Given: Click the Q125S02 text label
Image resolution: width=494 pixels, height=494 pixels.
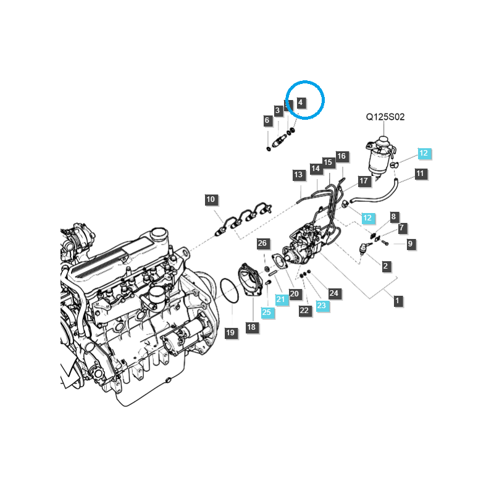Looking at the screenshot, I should [x=385, y=117].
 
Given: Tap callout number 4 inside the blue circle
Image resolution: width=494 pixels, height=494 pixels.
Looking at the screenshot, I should [x=301, y=103].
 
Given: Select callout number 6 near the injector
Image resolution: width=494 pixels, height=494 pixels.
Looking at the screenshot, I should [x=267, y=121].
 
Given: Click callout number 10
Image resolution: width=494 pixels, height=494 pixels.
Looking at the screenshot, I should [x=211, y=199].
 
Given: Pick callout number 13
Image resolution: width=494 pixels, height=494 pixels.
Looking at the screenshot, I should [x=298, y=175].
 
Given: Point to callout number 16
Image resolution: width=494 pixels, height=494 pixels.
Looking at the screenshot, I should [x=341, y=156].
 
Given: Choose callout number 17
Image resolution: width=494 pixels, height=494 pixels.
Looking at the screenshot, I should [x=364, y=181].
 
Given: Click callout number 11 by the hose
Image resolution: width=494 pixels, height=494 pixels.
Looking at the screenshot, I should [x=421, y=174].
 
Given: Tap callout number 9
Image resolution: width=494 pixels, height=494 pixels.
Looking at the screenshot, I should [x=410, y=244].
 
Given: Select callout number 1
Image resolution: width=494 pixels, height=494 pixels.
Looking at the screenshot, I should [x=398, y=301].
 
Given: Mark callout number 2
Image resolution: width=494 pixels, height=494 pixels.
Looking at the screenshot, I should [x=386, y=266].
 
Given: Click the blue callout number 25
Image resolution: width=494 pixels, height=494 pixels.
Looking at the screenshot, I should [x=267, y=312].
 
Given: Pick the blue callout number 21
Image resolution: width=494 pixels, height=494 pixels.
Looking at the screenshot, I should [x=282, y=299].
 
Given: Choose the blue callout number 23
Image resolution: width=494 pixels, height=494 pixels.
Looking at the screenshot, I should [x=321, y=305].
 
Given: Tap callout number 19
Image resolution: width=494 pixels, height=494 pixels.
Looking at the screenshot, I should [x=230, y=333].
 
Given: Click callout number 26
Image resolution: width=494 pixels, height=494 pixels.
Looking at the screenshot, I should [x=262, y=243].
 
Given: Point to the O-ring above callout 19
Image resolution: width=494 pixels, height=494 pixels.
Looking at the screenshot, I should [x=229, y=290].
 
